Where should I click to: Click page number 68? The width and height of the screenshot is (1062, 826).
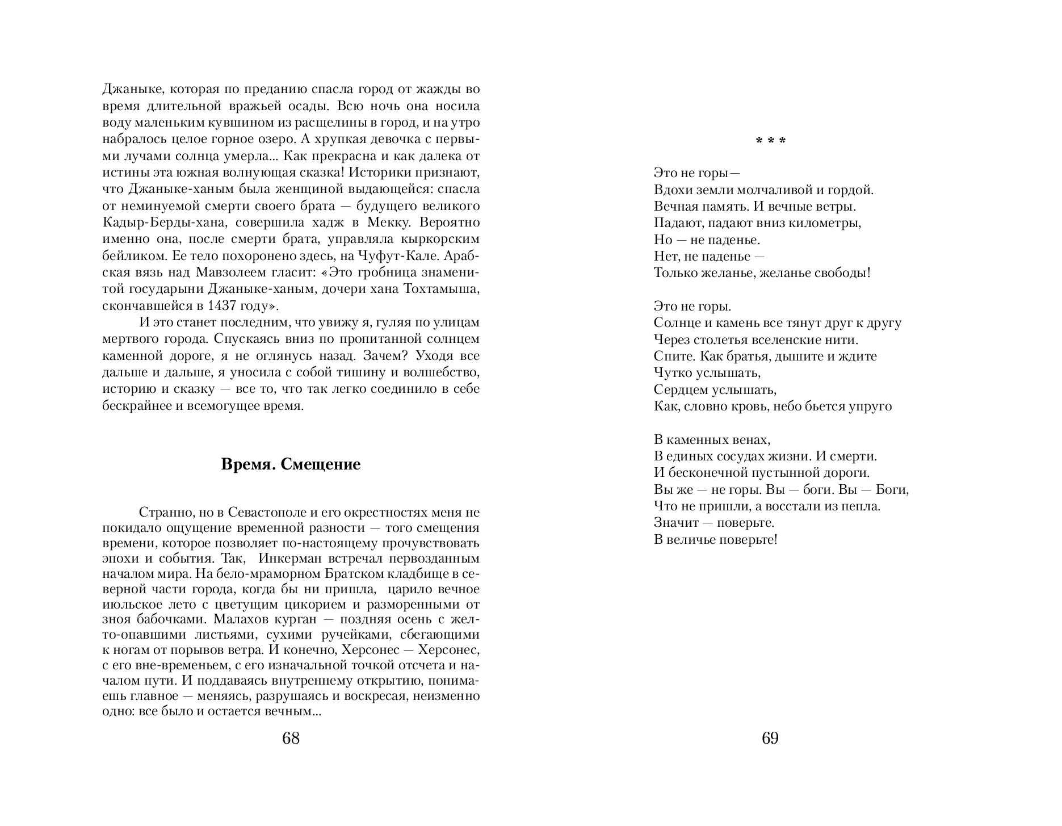click(x=290, y=738)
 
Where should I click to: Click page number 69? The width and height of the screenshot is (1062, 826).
click(x=770, y=738)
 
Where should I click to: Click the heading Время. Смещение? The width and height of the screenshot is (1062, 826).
click(x=291, y=464)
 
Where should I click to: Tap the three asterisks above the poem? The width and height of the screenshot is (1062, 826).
click(x=770, y=140)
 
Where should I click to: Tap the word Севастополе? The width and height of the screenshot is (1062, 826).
click(x=267, y=512)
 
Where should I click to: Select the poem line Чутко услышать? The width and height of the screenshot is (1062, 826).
click(x=707, y=373)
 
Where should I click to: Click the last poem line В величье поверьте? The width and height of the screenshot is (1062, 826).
click(x=715, y=539)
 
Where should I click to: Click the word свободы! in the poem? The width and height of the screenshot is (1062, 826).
click(x=841, y=272)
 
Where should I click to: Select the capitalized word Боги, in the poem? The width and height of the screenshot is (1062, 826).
click(x=892, y=489)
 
